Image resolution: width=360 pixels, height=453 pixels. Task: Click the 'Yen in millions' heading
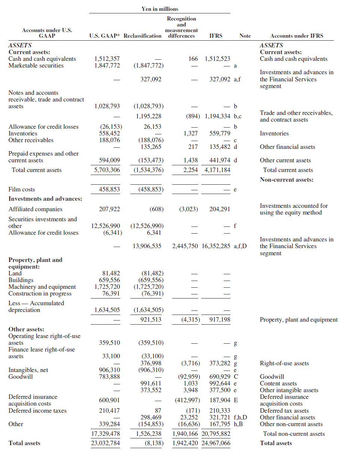click(160, 9)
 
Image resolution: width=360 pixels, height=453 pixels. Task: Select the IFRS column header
click(216, 36)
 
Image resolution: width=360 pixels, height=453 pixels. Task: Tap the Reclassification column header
click(142, 36)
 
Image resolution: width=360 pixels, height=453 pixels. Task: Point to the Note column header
click(245, 36)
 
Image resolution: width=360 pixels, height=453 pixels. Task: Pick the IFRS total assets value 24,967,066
click(216, 443)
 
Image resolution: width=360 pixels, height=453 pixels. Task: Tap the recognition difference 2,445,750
click(185, 246)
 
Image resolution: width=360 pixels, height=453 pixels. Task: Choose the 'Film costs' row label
click(22, 190)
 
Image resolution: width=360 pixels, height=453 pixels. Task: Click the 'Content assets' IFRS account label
click(278, 384)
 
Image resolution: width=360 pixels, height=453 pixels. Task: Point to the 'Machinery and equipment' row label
click(42, 287)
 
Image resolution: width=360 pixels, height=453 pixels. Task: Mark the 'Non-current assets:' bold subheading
click(286, 180)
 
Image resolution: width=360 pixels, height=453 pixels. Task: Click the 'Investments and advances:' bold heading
click(45, 199)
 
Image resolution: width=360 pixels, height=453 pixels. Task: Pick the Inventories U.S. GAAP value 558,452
click(109, 134)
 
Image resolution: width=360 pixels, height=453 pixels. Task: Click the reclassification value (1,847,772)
click(148, 66)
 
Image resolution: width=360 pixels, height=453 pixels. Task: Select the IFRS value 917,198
click(220, 320)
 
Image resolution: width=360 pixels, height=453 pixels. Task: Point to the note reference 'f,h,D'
click(240, 418)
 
